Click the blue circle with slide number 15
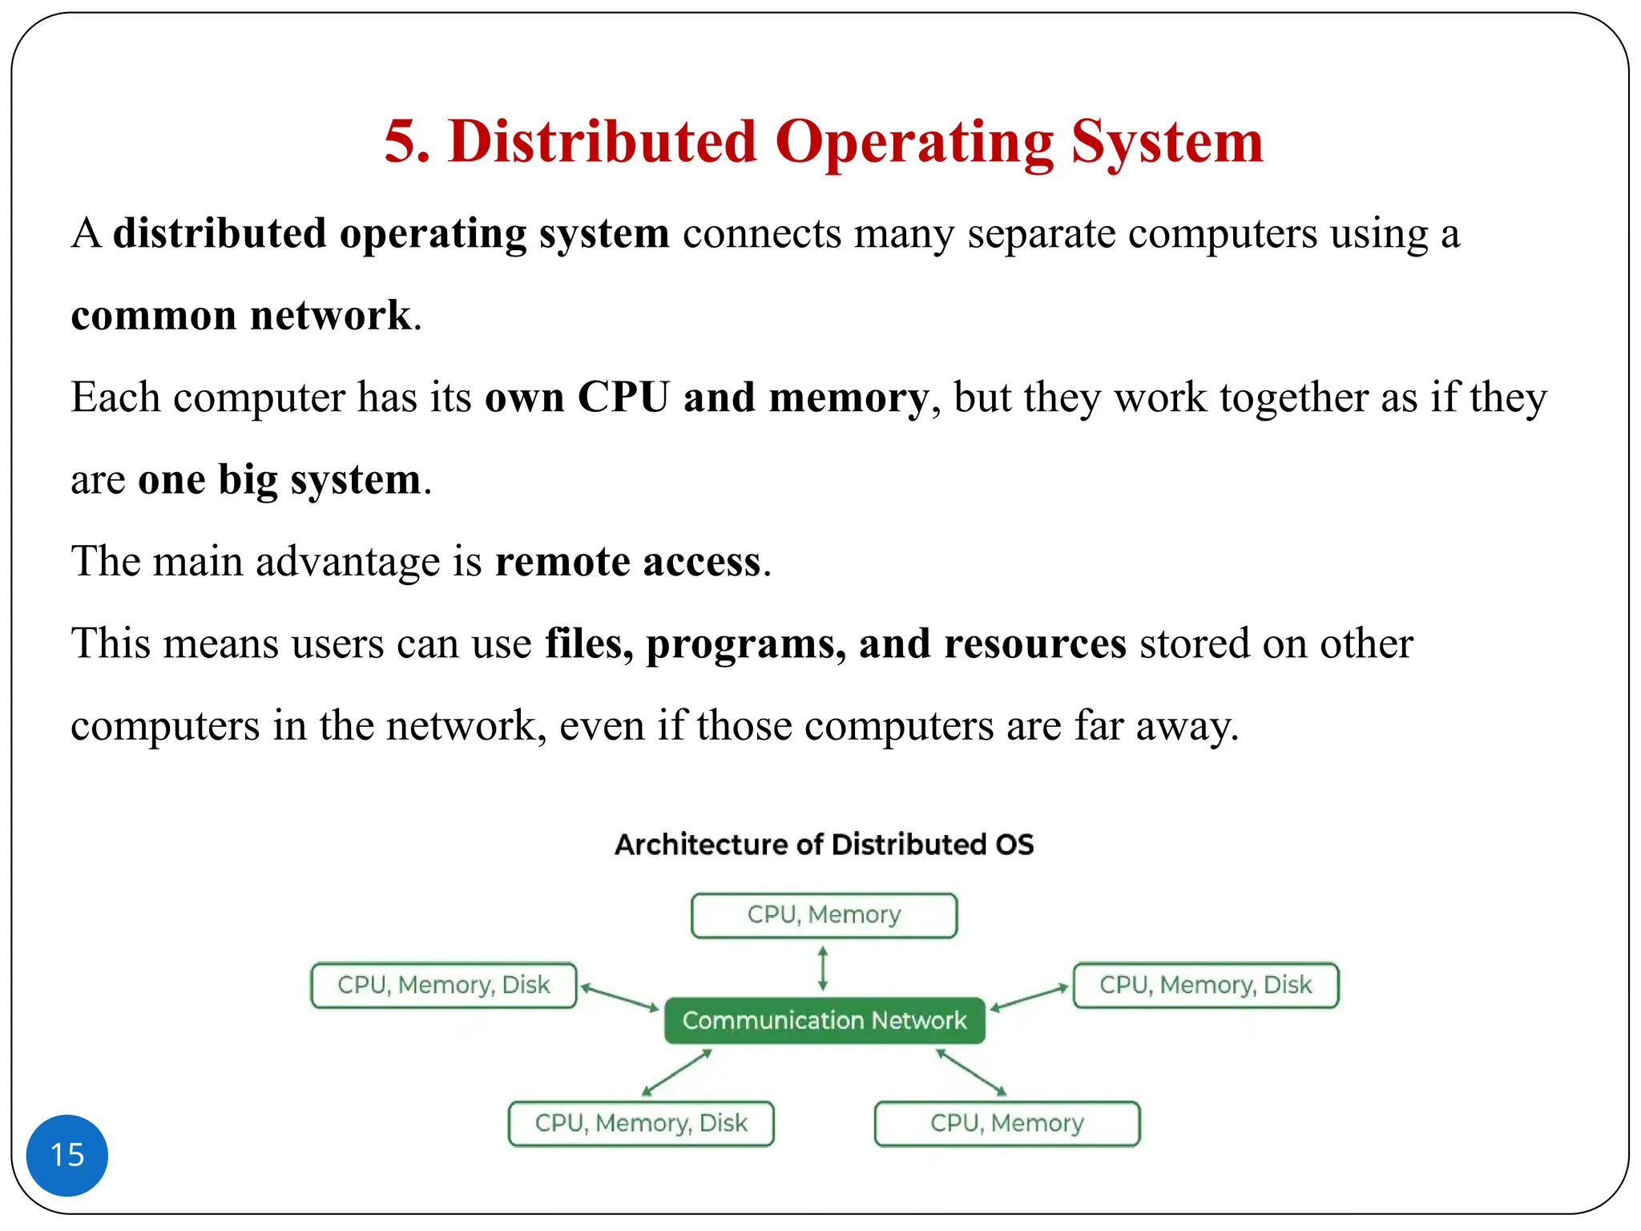click(x=67, y=1155)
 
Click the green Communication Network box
click(x=825, y=1020)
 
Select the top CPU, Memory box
click(x=824, y=915)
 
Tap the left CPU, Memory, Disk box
click(x=444, y=985)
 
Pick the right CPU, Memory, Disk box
click(x=1205, y=985)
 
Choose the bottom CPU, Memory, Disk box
click(x=641, y=1124)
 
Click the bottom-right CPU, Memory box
click(x=1006, y=1124)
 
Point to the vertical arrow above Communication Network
click(x=823, y=968)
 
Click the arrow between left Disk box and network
click(x=619, y=998)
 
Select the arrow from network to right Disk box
click(x=1030, y=997)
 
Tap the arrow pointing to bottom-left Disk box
click(x=677, y=1072)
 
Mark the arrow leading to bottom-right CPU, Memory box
click(x=971, y=1072)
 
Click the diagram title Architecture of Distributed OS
click(x=824, y=845)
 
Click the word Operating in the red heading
click(x=913, y=142)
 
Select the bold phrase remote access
click(x=627, y=561)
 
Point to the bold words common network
click(x=240, y=315)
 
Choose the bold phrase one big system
click(x=280, y=480)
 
